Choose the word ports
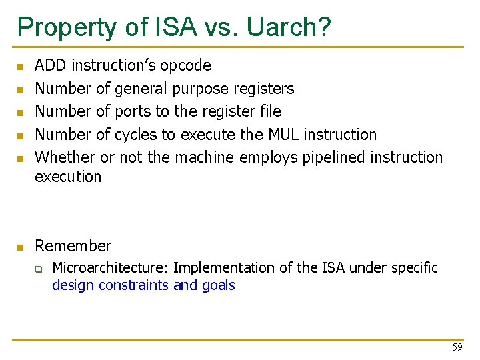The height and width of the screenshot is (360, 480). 133,111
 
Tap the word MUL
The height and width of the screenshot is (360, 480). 283,135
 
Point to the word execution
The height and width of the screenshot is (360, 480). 68,177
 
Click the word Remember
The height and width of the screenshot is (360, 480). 73,246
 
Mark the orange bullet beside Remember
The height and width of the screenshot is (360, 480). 20,247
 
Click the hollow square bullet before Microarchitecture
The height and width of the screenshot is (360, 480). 39,269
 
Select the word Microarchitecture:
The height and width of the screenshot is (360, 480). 111,268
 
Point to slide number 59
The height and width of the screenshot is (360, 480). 457,347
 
